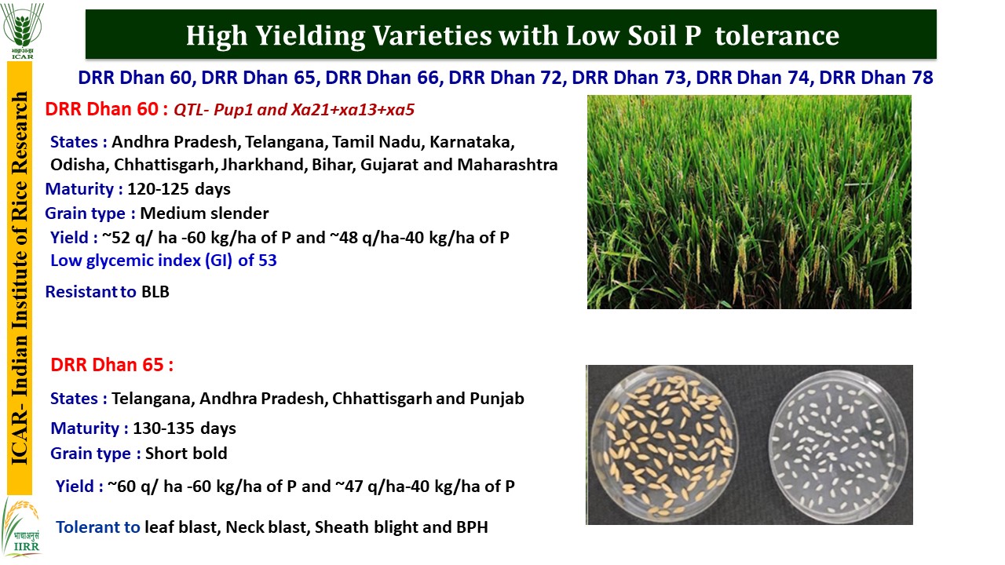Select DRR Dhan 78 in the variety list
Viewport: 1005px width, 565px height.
pyautogui.click(x=876, y=78)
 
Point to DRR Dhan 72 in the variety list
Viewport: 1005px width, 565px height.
pyautogui.click(x=505, y=78)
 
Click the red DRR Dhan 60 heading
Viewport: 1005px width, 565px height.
pyautogui.click(x=102, y=109)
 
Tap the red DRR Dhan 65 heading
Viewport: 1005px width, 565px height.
pyautogui.click(x=108, y=365)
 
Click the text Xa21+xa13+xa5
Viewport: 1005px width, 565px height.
pyautogui.click(x=353, y=109)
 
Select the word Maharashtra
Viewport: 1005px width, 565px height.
pyautogui.click(x=507, y=165)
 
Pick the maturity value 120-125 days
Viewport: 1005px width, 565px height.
pyautogui.click(x=179, y=189)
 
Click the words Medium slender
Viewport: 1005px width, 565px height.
pyautogui.click(x=205, y=213)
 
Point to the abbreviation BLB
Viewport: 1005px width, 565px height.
pyautogui.click(x=155, y=292)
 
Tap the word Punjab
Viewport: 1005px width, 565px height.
pyautogui.click(x=497, y=399)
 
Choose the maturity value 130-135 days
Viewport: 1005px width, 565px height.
pyautogui.click(x=185, y=428)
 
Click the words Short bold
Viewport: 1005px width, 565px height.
pyautogui.click(x=186, y=454)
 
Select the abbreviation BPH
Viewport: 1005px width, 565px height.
pyautogui.click(x=473, y=527)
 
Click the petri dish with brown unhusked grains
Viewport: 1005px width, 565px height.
pyautogui.click(x=663, y=444)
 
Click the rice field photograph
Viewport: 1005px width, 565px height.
pyautogui.click(x=749, y=202)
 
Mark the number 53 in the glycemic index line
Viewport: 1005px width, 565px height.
pyautogui.click(x=268, y=261)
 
